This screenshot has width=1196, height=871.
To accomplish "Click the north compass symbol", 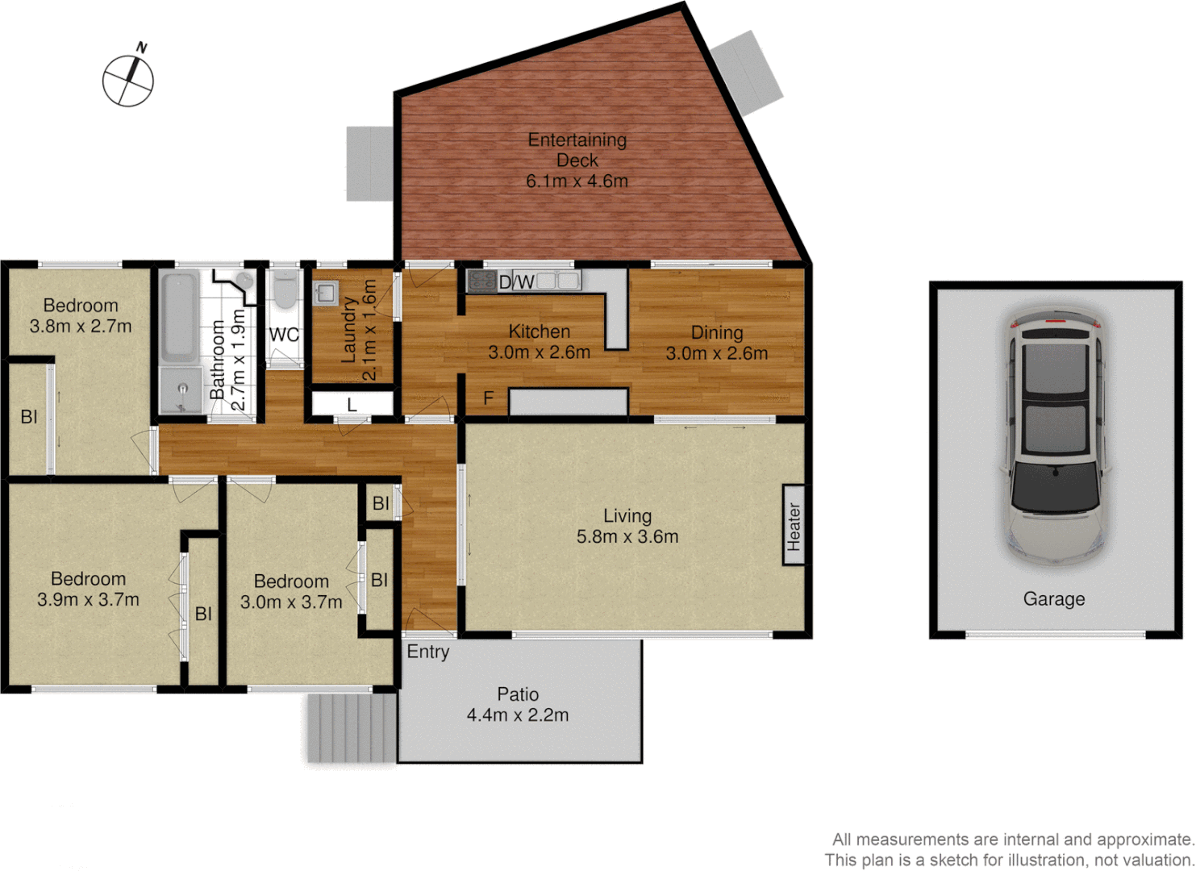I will click(x=128, y=79).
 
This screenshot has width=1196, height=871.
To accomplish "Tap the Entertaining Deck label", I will click(x=577, y=160).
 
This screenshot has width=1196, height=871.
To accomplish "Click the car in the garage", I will click(x=1055, y=436).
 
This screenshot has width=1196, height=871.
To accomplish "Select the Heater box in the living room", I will click(x=794, y=525).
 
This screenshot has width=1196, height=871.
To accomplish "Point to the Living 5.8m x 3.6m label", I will click(x=627, y=526).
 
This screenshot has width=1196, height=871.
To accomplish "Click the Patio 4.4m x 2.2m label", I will click(x=518, y=704).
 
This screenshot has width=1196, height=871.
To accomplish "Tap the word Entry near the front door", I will click(x=427, y=652).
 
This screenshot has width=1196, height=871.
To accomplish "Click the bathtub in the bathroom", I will click(x=178, y=317).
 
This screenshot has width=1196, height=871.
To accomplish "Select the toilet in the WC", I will click(x=284, y=291).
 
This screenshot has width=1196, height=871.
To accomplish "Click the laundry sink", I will click(x=325, y=293).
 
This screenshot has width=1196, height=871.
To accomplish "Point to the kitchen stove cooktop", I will click(x=481, y=281).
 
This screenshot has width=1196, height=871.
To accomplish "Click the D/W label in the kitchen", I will click(x=516, y=282).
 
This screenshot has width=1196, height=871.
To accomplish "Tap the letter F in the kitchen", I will click(x=488, y=398).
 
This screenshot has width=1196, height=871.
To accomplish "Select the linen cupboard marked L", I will click(x=352, y=404).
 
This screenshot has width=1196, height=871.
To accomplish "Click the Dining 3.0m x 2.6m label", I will click(x=716, y=343).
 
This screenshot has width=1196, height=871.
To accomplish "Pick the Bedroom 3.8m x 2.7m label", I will click(x=81, y=315).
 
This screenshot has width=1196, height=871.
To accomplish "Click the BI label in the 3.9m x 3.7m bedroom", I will click(x=203, y=614).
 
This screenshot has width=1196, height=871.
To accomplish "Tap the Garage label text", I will click(x=1054, y=599).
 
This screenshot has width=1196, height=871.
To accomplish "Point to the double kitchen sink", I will click(x=557, y=281).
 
